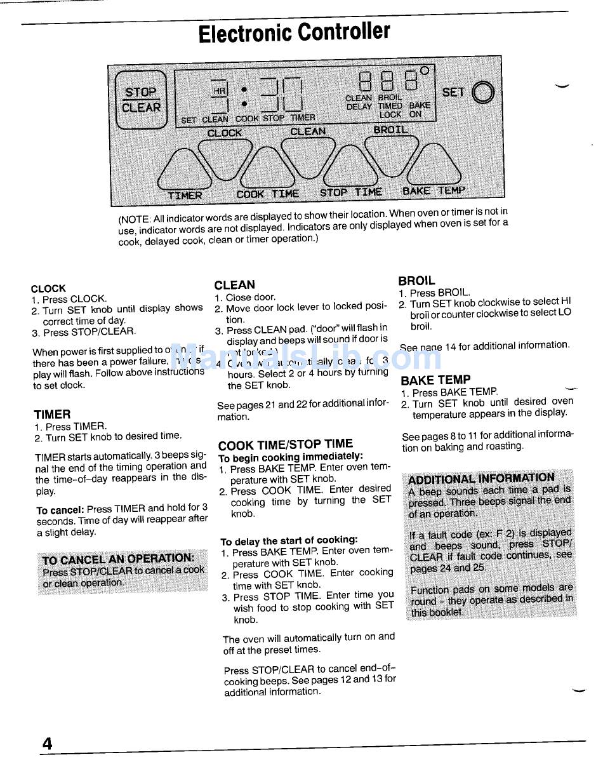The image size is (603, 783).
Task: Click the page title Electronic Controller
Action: click(x=294, y=32)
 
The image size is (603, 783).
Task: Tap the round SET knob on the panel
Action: click(x=483, y=93)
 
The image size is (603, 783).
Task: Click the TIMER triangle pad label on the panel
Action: click(x=185, y=195)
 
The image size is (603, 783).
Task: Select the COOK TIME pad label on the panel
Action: click(x=267, y=194)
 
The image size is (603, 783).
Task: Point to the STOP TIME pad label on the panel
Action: click(x=350, y=192)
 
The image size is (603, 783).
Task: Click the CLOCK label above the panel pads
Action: click(x=225, y=133)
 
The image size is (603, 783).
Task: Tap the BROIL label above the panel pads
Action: click(x=390, y=130)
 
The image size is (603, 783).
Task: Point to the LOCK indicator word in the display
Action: click(x=390, y=115)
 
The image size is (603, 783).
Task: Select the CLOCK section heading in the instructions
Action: click(x=48, y=288)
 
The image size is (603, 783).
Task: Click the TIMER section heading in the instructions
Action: click(x=52, y=415)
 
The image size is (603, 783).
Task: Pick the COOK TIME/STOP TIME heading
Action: click(x=285, y=445)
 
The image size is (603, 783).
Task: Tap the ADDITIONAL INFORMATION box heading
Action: click(x=481, y=478)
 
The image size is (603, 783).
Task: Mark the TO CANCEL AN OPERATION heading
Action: click(x=118, y=559)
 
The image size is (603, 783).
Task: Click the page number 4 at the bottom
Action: click(x=47, y=744)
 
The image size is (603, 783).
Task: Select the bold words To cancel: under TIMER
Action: click(x=60, y=509)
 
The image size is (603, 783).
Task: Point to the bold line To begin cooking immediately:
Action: click(x=291, y=457)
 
